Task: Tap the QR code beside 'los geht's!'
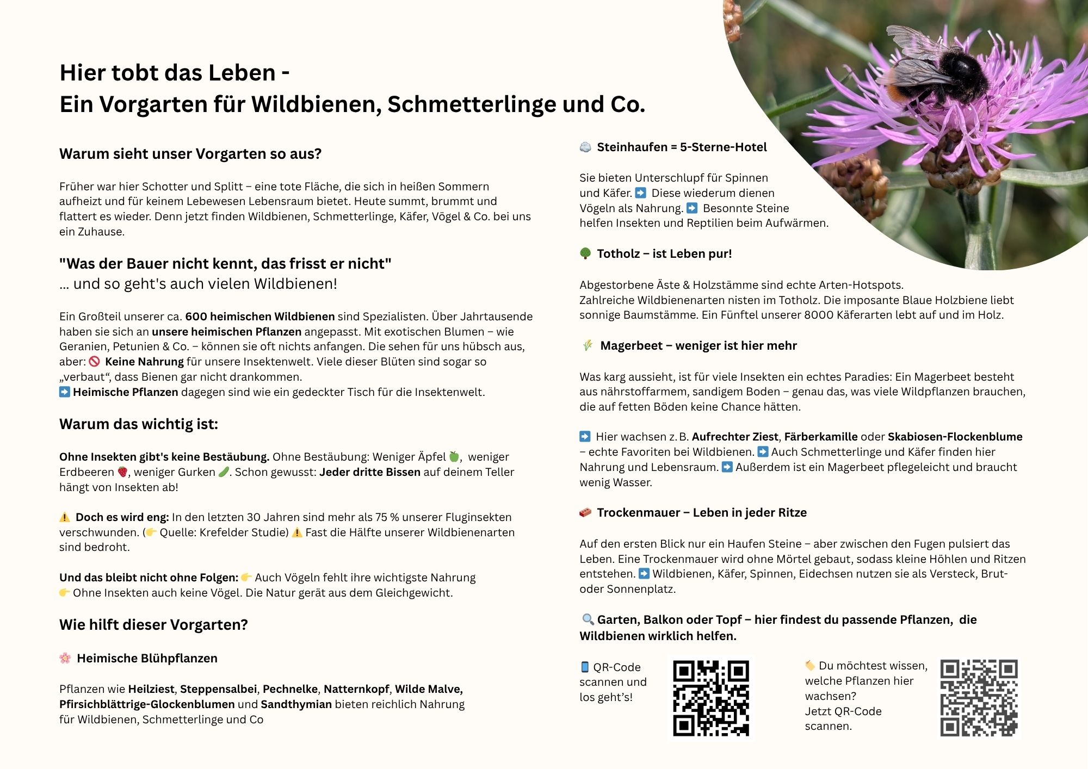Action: (x=710, y=698)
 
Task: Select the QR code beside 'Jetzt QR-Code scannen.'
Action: (x=979, y=698)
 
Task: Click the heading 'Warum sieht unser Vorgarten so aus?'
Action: (x=190, y=154)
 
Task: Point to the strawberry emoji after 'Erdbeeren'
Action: (x=123, y=472)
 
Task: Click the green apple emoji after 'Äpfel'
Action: (x=454, y=457)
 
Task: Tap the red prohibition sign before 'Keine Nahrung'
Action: (x=94, y=362)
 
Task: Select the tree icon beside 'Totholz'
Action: (x=585, y=253)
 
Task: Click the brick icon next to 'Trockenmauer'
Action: (x=585, y=512)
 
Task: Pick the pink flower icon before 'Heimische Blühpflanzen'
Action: (x=65, y=658)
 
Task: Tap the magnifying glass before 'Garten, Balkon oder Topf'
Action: (x=588, y=619)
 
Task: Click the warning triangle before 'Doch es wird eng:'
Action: (x=65, y=517)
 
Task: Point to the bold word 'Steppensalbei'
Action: (x=218, y=689)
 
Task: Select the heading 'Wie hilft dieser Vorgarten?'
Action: (x=153, y=625)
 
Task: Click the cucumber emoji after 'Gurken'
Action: (x=224, y=472)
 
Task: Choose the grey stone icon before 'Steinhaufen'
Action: (x=585, y=147)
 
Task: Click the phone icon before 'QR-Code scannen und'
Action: (x=585, y=667)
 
